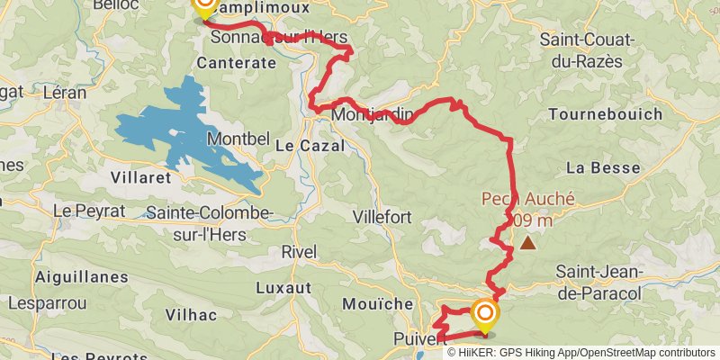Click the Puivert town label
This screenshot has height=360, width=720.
(419, 338)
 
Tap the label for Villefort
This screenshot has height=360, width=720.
(382, 217)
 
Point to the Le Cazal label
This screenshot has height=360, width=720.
(310, 145)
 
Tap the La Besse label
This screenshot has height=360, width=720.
(603, 167)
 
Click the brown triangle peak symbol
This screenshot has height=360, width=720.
(527, 242)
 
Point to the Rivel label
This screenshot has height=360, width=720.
(299, 251)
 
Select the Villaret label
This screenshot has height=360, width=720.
(140, 177)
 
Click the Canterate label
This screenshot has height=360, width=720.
(236, 63)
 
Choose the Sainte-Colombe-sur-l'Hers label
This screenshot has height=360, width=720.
(209, 221)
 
